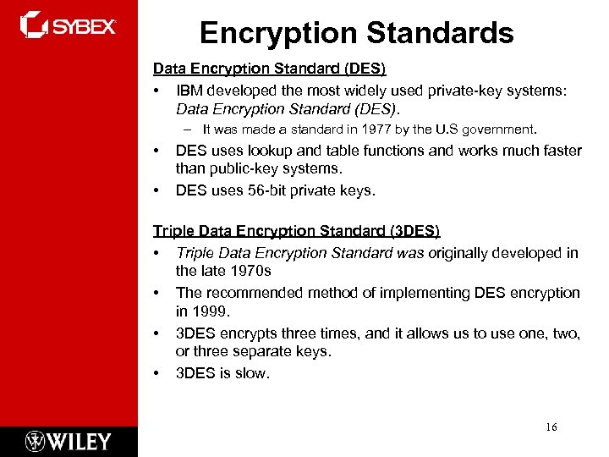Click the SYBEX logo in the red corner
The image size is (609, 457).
(x=68, y=25)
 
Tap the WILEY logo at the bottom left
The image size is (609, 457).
(x=68, y=441)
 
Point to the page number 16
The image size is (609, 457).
(x=551, y=427)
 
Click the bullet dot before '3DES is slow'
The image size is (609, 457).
(x=156, y=373)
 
